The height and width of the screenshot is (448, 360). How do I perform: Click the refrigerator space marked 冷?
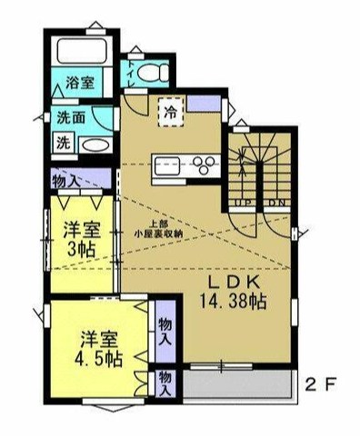169,113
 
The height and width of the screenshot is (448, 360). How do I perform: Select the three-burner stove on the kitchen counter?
204,164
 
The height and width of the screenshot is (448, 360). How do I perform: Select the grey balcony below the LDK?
235,385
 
